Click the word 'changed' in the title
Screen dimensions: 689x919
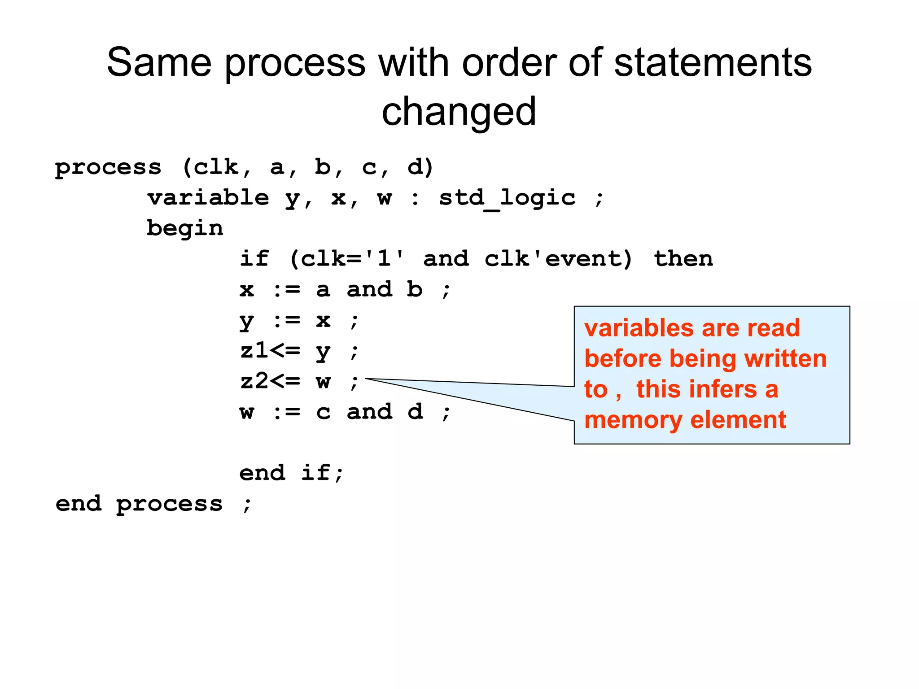459,112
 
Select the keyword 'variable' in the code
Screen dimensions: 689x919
208,198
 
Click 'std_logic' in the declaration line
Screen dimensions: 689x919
507,198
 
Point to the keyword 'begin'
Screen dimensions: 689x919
185,228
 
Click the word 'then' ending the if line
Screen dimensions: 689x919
683,259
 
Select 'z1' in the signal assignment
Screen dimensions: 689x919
254,350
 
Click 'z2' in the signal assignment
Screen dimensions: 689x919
254,381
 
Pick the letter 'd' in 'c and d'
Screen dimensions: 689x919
415,412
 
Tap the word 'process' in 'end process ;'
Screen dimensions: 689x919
169,504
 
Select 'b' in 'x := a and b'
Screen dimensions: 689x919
415,290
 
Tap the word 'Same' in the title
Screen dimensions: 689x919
159,63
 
